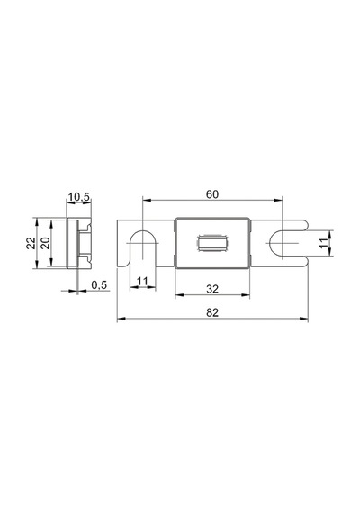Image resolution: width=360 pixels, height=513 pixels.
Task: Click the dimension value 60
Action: click(x=212, y=194)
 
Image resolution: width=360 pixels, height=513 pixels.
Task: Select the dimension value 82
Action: click(x=212, y=313)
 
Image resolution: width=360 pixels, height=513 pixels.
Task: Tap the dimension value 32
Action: click(x=212, y=289)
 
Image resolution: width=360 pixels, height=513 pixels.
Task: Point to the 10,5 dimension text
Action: click(x=78, y=197)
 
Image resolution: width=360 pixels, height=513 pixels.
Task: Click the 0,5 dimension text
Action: click(x=99, y=285)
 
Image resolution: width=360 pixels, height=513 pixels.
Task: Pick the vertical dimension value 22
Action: click(x=31, y=243)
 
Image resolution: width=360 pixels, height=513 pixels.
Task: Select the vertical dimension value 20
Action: click(x=46, y=243)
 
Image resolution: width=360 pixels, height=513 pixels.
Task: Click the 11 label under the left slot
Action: click(x=142, y=282)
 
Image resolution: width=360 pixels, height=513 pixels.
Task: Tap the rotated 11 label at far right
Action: click(x=323, y=243)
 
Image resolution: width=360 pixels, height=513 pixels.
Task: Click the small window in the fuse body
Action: click(x=212, y=243)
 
